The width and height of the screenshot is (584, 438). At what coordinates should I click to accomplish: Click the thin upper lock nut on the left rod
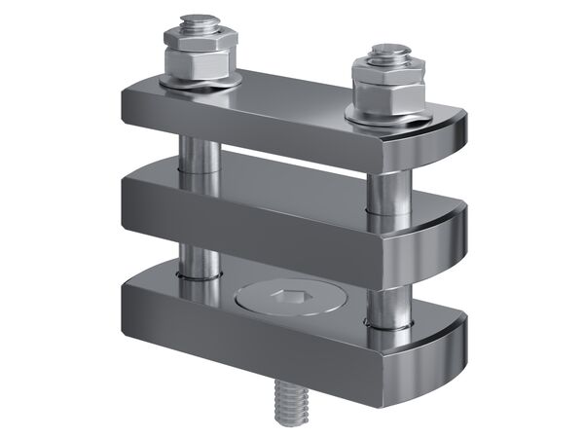pyautogui.click(x=201, y=40)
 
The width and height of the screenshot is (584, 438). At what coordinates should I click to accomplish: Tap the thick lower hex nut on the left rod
pyautogui.click(x=201, y=64)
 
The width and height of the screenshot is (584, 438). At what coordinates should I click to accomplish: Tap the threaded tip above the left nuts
pyautogui.click(x=200, y=21)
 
